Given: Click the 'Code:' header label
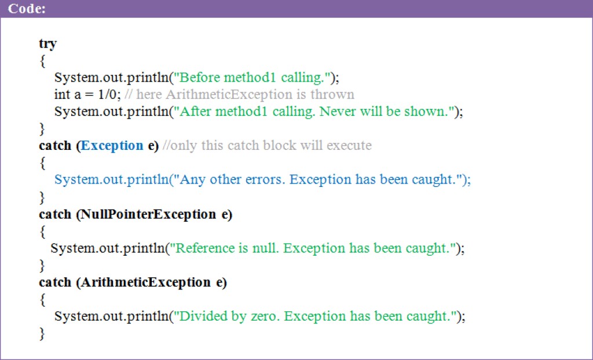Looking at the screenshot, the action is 27,8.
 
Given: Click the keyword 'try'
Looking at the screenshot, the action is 47,44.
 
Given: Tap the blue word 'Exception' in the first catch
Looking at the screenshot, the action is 112,146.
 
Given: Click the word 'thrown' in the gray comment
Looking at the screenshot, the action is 332,94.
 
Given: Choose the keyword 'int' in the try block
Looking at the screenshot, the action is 62,94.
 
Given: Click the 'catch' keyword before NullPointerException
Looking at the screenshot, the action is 55,214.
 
